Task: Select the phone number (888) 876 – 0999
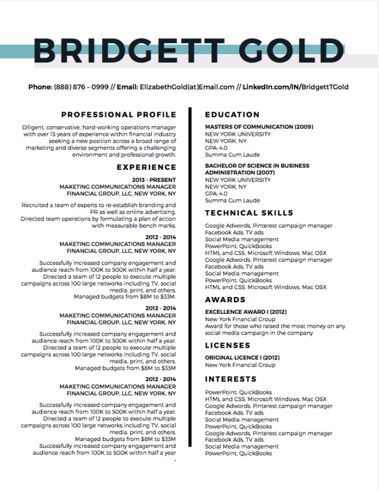pos(81,87)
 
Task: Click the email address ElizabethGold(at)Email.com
pos(187,87)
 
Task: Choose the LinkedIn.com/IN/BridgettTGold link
pos(296,87)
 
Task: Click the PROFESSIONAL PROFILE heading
pos(118,115)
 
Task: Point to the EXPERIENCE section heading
pos(146,167)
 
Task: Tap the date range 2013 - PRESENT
pos(154,180)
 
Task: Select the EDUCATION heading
pos(232,115)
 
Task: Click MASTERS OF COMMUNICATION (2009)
pos(259,127)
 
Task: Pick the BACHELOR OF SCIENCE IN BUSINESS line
pos(257,166)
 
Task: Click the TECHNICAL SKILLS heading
pos(249,212)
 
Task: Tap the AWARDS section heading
pos(225,299)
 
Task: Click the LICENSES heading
pos(228,345)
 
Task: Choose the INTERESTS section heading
pos(231,379)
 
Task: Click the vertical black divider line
pos(190,276)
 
